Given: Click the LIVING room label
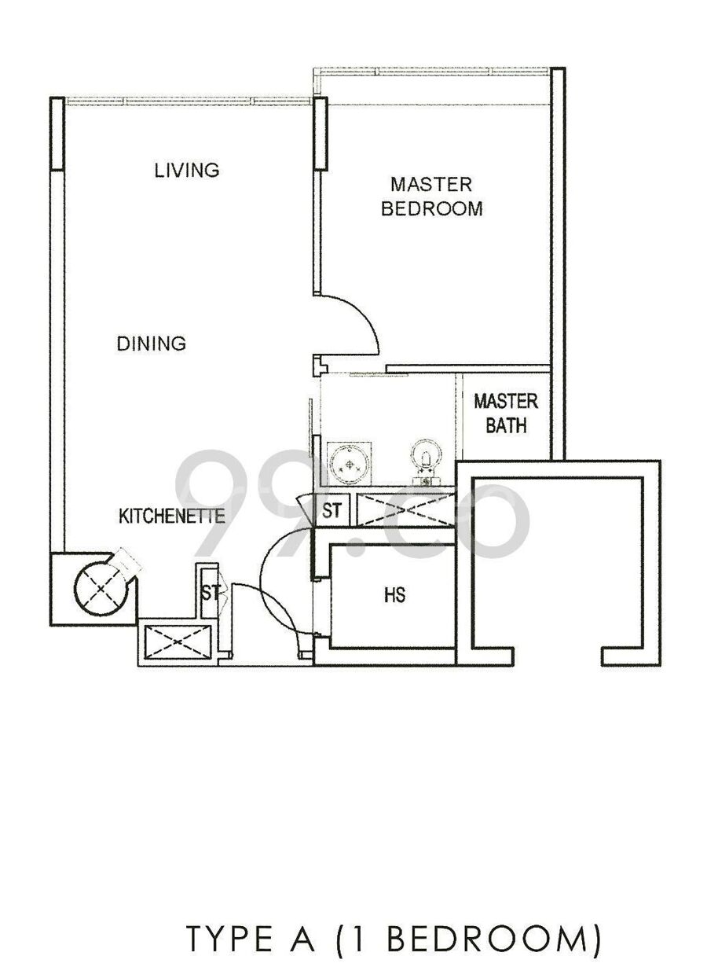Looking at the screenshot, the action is pyautogui.click(x=187, y=171).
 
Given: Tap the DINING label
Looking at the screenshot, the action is pyautogui.click(x=152, y=344).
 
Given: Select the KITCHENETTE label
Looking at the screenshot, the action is pyautogui.click(x=172, y=517).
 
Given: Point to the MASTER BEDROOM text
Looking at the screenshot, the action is pyautogui.click(x=432, y=197).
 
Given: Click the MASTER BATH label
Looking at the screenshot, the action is pyautogui.click(x=506, y=414).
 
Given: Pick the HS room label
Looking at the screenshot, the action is pyautogui.click(x=394, y=595).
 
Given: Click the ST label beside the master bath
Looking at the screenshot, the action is pyautogui.click(x=332, y=510).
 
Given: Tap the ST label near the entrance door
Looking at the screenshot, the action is pyautogui.click(x=211, y=593).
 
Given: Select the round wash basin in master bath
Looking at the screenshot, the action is pyautogui.click(x=349, y=464).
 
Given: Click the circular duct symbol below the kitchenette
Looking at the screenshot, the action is pyautogui.click(x=101, y=589).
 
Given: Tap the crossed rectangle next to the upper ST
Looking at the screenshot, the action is pyautogui.click(x=405, y=510).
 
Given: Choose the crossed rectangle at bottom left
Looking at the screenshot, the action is pyautogui.click(x=178, y=641).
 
